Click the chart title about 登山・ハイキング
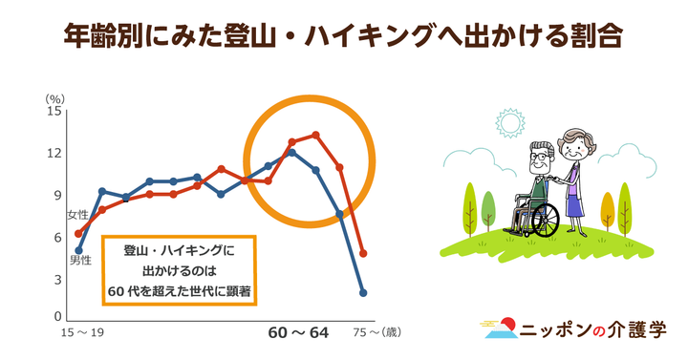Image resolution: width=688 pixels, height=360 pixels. [x=343, y=37]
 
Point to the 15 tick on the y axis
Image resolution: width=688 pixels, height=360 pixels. [x=54, y=111]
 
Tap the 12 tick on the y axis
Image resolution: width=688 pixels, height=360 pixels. [x=54, y=153]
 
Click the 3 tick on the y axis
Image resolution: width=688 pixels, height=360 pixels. [x=56, y=279]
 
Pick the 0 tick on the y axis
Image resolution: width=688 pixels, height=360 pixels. [x=56, y=317]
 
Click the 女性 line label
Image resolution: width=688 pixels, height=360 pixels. [x=78, y=217]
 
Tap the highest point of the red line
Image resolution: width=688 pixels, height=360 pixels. [x=316, y=135]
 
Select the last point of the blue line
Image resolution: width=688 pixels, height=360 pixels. [x=363, y=293]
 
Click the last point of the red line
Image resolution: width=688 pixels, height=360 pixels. [x=363, y=254]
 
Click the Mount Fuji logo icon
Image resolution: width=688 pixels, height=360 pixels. [x=498, y=329]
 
